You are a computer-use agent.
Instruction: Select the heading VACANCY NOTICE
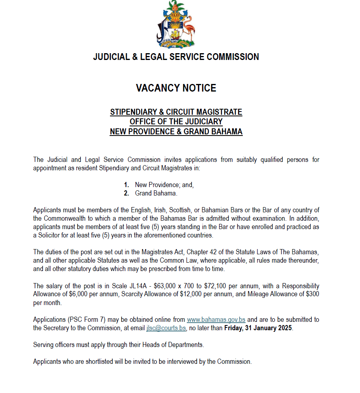tap(176, 88)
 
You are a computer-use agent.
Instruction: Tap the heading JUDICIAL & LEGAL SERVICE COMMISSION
tap(176, 57)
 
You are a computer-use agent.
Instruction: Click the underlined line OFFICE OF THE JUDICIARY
tap(176, 122)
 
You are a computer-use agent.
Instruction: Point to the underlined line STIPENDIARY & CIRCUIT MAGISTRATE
tap(176, 112)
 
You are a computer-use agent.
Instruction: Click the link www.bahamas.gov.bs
tap(216, 319)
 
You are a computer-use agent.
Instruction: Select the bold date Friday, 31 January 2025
tap(258, 328)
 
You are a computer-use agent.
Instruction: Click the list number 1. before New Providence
tap(126, 185)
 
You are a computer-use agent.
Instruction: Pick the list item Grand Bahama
tap(156, 194)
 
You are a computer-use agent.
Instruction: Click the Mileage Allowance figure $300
tap(312, 294)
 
